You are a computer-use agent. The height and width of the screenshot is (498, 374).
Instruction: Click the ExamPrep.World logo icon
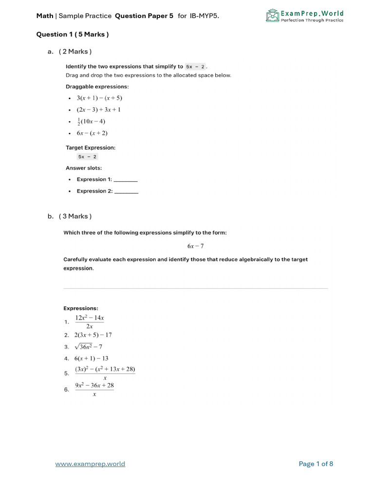(272, 16)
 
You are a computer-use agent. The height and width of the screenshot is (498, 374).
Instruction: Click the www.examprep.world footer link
(90, 464)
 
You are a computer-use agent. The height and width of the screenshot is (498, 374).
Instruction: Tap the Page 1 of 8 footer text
(316, 464)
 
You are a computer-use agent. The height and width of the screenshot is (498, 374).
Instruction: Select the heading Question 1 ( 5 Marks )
(73, 35)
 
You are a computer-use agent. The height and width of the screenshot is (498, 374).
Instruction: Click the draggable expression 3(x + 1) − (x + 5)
(99, 98)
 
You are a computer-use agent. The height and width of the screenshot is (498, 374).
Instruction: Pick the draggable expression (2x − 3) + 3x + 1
(99, 109)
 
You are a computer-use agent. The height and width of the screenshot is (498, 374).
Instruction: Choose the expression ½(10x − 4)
(91, 122)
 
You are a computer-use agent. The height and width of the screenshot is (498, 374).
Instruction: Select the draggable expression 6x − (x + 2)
(92, 133)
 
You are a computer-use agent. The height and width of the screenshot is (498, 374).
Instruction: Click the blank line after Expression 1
(126, 180)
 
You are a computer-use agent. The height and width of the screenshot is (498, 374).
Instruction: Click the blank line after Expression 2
(126, 192)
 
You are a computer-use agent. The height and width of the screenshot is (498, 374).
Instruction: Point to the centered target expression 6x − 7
(195, 246)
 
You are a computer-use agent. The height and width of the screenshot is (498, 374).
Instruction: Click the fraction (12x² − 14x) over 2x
(90, 322)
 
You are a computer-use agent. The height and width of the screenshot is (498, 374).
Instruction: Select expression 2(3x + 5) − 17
(93, 335)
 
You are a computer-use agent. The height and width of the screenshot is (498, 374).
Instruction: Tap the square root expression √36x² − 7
(88, 347)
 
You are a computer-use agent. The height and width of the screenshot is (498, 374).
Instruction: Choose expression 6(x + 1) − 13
(92, 358)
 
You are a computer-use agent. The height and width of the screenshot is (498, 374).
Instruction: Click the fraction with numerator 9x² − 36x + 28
(94, 390)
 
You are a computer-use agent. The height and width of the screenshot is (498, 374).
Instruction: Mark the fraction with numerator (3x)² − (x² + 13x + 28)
(105, 373)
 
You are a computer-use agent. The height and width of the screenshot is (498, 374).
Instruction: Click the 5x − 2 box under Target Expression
(87, 157)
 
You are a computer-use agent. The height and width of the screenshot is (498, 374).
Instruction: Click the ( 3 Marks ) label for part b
(75, 216)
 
